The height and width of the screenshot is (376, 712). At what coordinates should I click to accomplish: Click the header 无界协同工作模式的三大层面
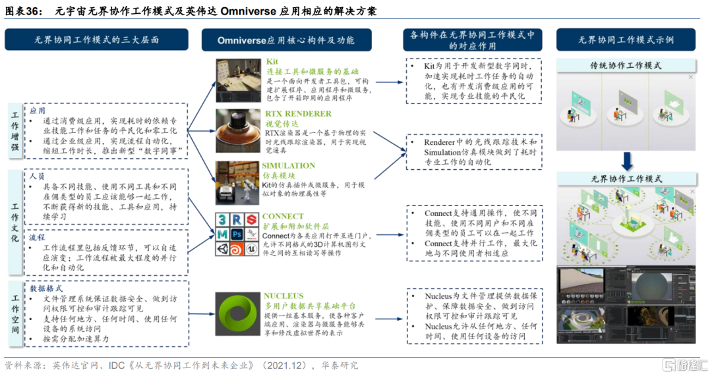96,40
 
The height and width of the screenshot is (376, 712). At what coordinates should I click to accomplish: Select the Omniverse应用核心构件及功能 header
285,40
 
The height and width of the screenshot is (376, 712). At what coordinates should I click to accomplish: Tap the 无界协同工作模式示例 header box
626,40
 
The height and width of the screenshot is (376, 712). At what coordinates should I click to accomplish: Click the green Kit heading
272,62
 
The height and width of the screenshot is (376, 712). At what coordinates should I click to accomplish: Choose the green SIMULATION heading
288,165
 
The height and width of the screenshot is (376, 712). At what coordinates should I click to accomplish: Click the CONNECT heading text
283,216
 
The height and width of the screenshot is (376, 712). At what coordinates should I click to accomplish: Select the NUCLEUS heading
284,296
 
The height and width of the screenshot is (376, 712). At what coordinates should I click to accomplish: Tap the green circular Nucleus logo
237,315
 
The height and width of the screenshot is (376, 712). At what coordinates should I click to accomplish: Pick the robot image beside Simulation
237,183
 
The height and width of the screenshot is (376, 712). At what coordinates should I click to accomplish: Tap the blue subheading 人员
37,176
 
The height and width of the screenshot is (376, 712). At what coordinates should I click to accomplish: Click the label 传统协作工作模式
626,66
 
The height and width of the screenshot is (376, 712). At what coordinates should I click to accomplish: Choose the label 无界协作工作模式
626,178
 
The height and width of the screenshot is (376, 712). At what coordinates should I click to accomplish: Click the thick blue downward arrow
627,160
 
